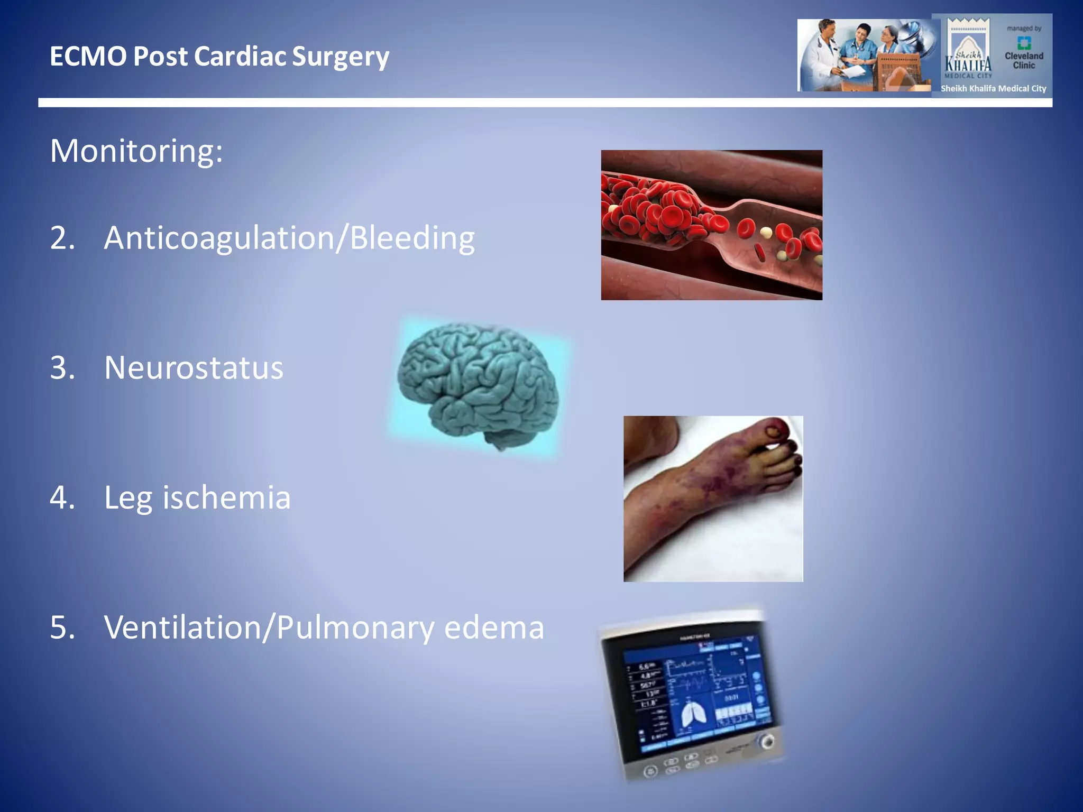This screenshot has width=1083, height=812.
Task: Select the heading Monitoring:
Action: pos(136,151)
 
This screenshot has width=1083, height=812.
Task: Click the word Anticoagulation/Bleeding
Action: pos(289,238)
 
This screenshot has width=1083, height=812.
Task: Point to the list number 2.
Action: pos(61,238)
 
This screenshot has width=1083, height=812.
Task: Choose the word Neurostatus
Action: pos(194,368)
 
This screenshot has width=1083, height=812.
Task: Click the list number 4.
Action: pos(61,498)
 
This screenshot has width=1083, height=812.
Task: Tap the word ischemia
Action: pos(226,498)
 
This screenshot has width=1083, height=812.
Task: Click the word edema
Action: pos(494,628)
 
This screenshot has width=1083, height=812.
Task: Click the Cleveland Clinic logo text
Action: pos(1024,60)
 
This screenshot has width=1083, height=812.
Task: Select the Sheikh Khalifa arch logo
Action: pos(968,50)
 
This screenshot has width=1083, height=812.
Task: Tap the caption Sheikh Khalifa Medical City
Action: pos(993,89)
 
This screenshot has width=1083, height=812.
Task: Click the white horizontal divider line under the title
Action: pos(545,103)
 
